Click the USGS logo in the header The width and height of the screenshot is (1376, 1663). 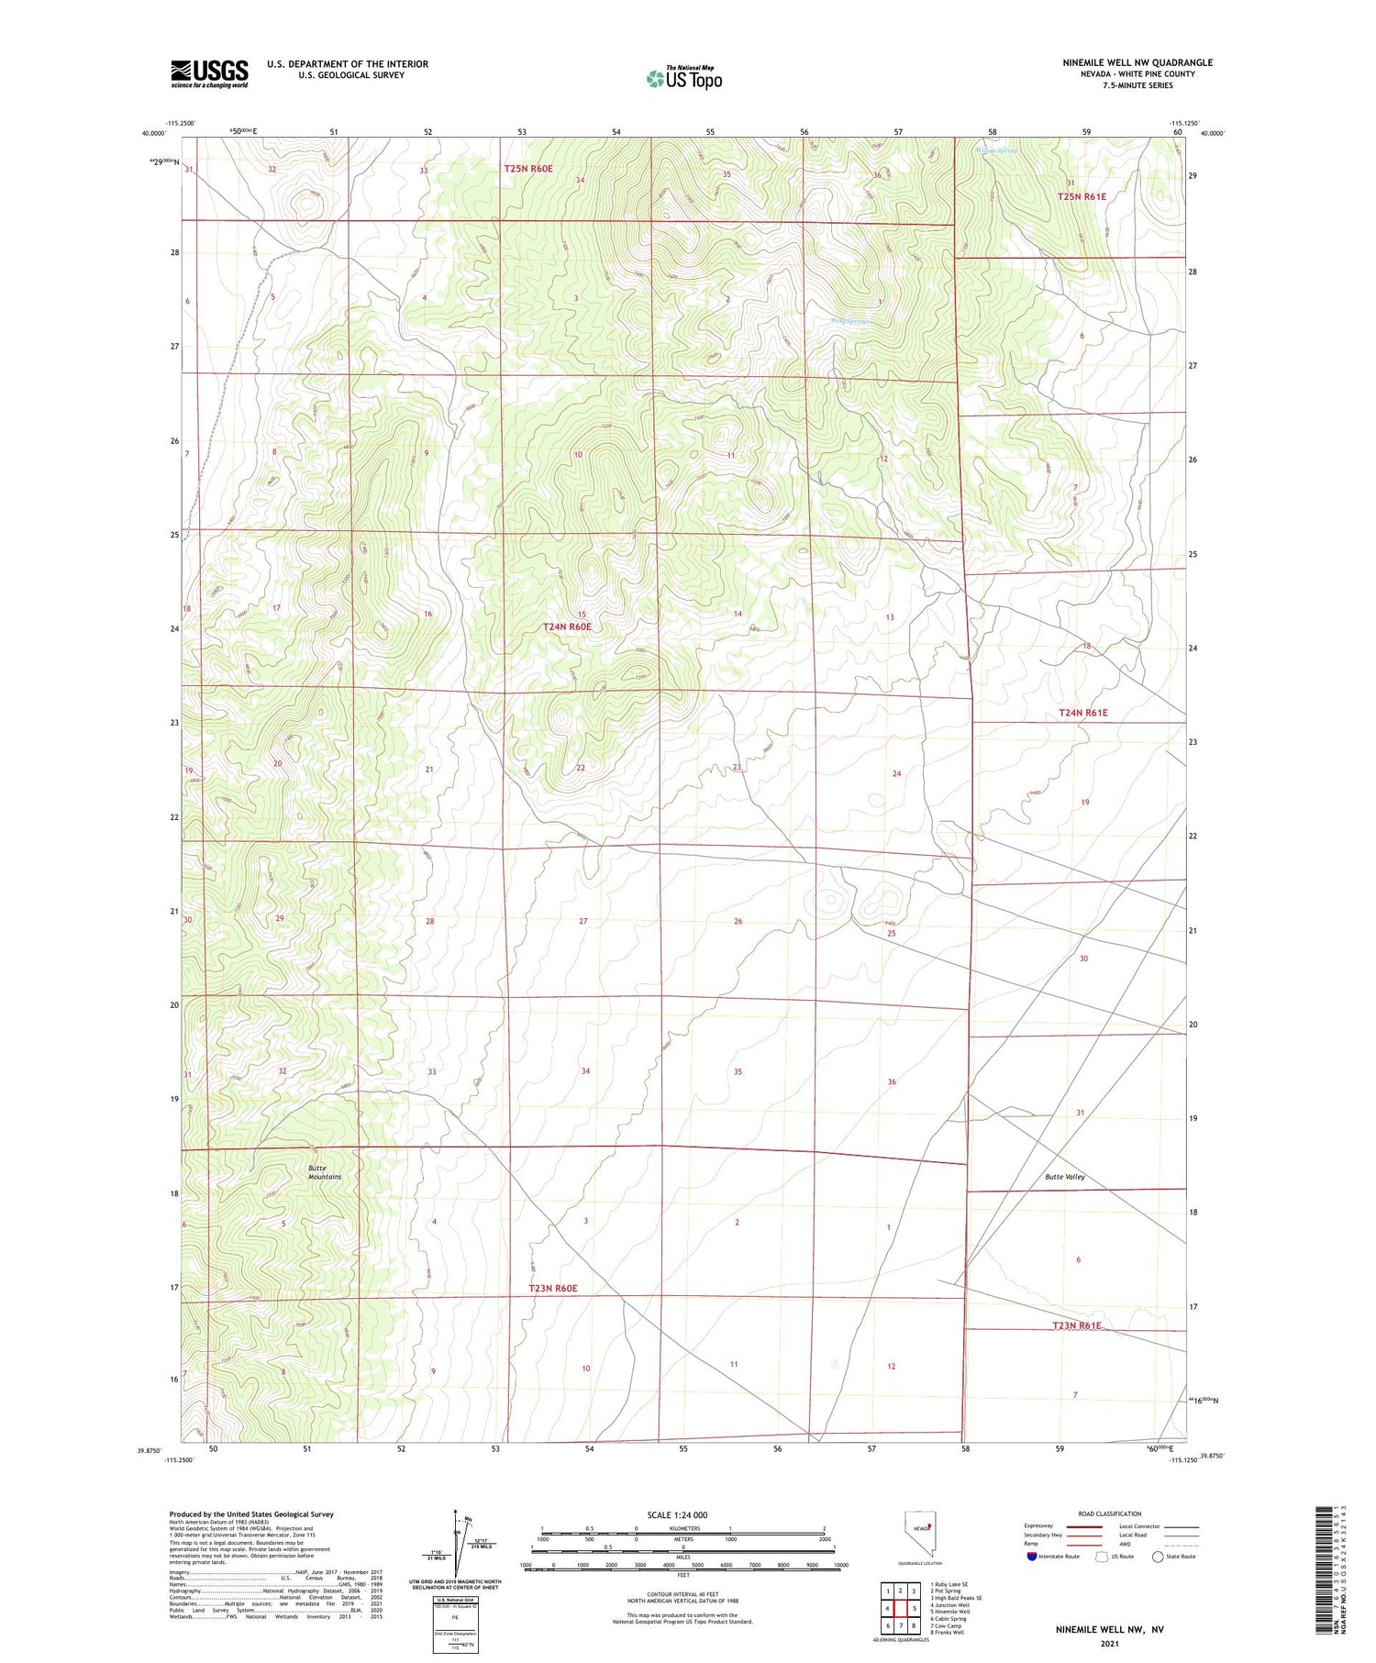click(209, 73)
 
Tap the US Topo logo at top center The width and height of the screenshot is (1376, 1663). click(683, 78)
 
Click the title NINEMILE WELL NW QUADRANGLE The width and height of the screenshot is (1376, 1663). click(1137, 62)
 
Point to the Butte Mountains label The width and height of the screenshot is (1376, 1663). click(324, 1172)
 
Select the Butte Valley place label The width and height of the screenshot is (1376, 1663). click(1064, 1176)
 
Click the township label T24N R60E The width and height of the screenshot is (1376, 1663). click(567, 626)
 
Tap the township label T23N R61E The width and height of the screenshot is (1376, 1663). click(1076, 1325)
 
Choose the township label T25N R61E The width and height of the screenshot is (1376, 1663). click(1082, 196)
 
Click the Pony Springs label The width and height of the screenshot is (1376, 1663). click(849, 322)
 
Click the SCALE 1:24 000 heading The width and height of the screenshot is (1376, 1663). click(677, 1514)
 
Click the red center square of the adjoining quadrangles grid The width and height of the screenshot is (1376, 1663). click(901, 1609)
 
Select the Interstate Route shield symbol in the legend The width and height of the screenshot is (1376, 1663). click(1032, 1557)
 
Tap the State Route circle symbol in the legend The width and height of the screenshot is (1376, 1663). click(1158, 1557)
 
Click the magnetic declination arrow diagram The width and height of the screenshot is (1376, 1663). click(456, 1548)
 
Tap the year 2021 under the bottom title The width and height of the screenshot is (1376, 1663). click(1109, 1646)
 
